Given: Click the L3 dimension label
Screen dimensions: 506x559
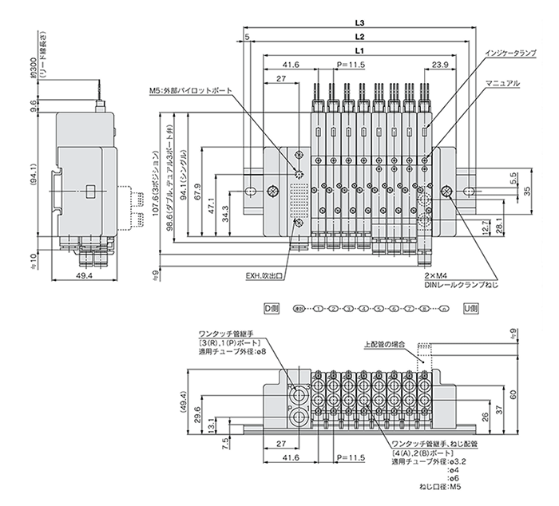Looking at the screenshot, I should click(x=360, y=23).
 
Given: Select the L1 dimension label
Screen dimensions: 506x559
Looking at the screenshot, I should click(x=360, y=50).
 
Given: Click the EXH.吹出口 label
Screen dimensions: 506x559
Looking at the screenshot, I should click(x=264, y=279).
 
